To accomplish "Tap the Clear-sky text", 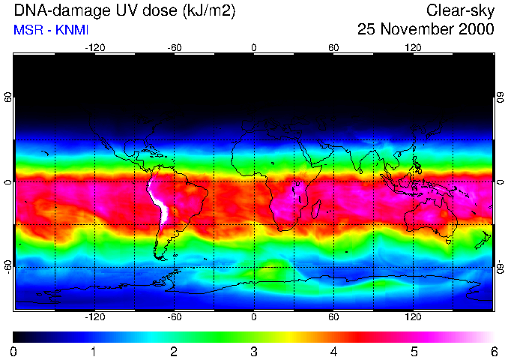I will [x=460, y=10].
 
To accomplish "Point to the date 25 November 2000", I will [x=425, y=29].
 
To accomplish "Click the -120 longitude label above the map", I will [x=94, y=47].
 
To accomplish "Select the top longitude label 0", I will [x=254, y=47].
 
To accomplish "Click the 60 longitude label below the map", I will [x=333, y=316].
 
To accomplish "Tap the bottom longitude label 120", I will [x=414, y=316].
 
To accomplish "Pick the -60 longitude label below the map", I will [x=174, y=316].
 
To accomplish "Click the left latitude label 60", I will [x=7, y=100].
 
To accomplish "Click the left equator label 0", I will [x=7, y=182].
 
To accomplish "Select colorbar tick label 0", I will [x=13, y=351].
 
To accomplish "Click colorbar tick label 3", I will [x=254, y=351].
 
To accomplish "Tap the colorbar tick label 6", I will [x=494, y=351].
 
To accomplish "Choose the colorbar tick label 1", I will [x=94, y=351].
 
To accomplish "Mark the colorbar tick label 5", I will [x=414, y=351].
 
